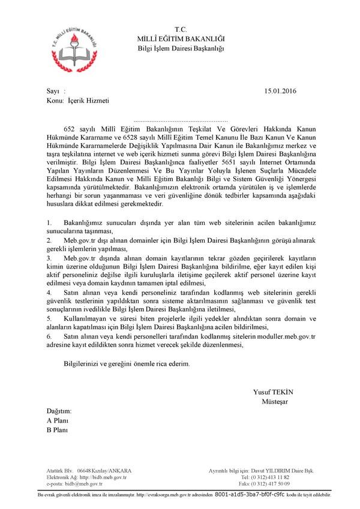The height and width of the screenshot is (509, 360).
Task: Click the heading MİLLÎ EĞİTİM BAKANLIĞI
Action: click(181, 38)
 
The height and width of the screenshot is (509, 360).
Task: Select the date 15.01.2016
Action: click(280, 91)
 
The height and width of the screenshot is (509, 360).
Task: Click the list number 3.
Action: click(49, 257)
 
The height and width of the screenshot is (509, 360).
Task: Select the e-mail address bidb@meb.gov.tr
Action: click(84, 483)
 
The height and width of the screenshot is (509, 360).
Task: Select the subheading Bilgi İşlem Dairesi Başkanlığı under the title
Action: click(181, 48)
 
